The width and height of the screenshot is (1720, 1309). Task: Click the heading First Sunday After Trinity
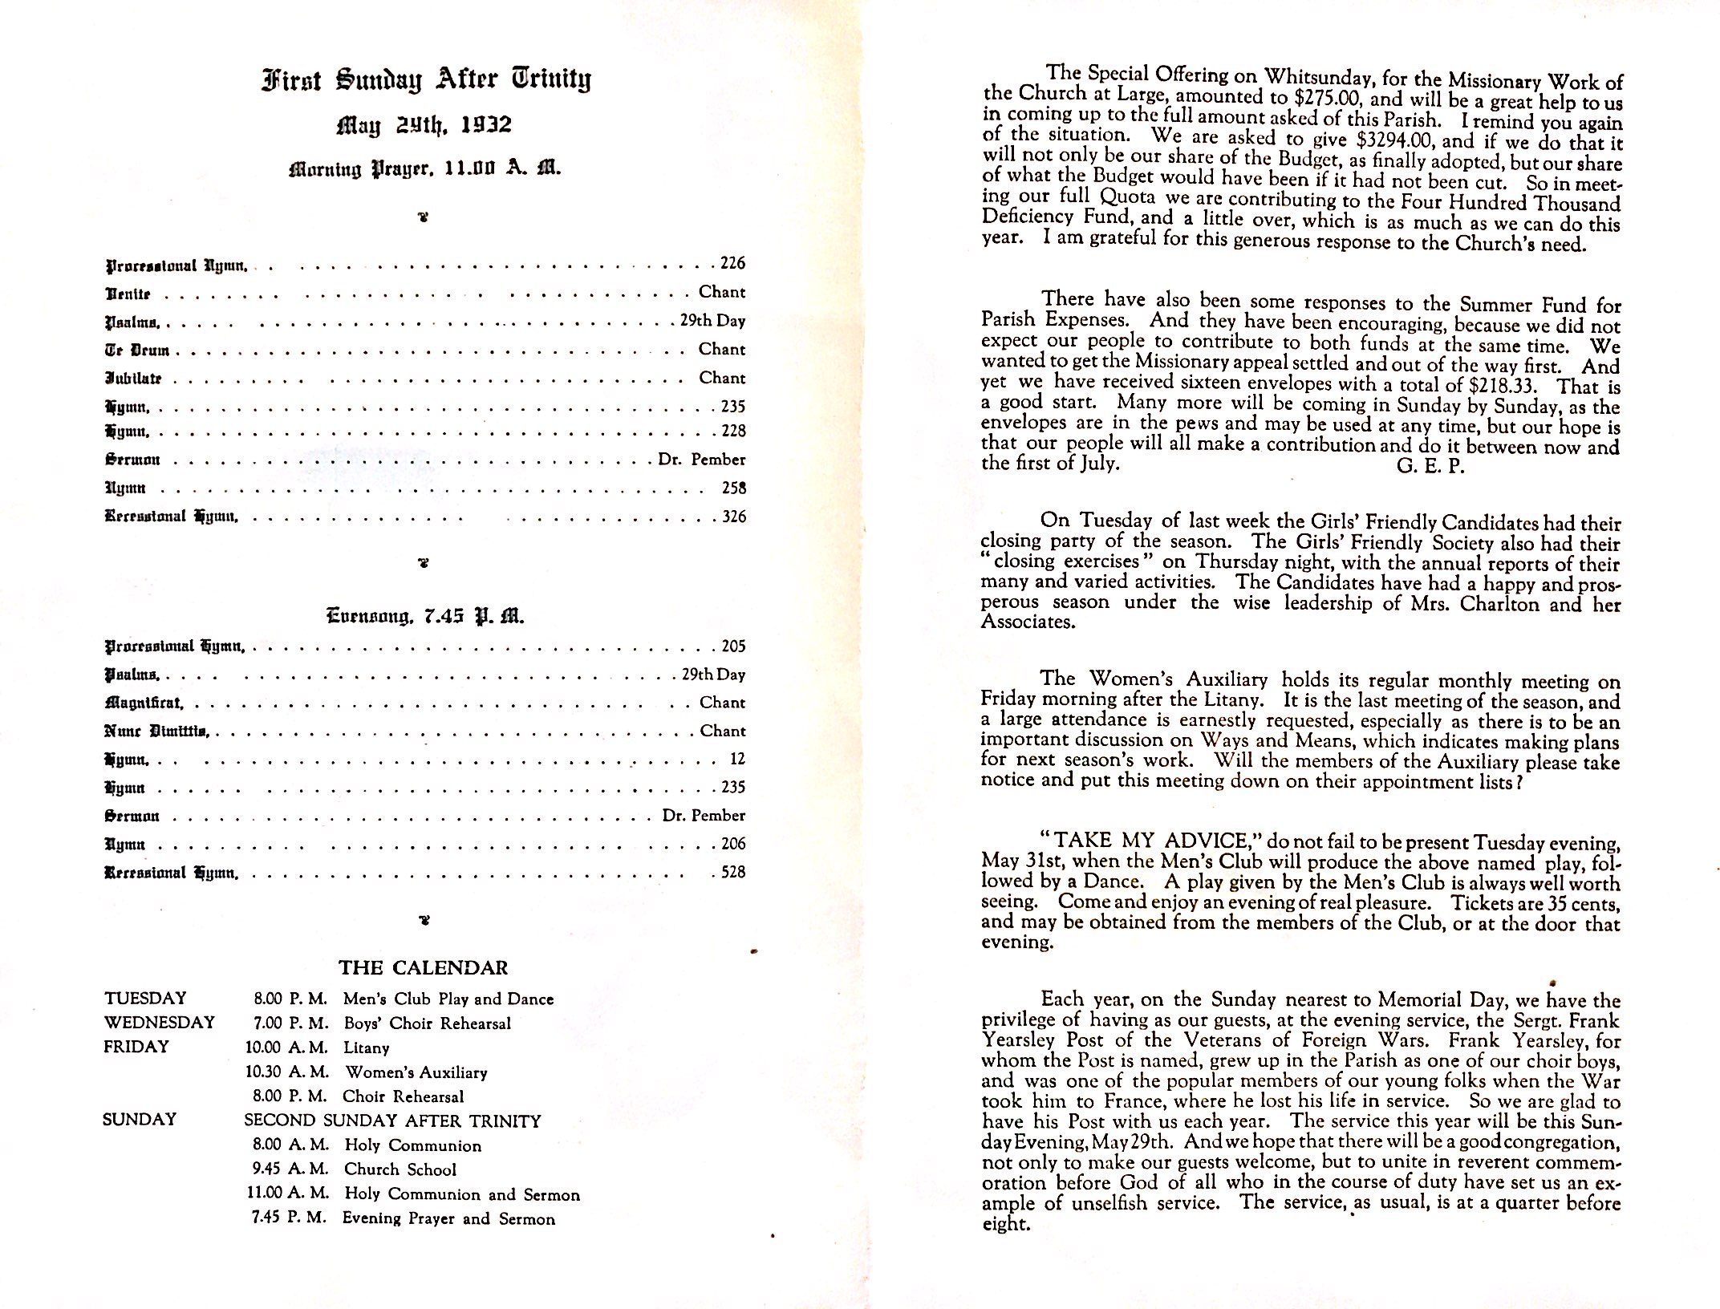point(425,81)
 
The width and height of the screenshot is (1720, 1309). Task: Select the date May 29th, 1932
point(424,125)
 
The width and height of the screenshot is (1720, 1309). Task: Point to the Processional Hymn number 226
point(732,263)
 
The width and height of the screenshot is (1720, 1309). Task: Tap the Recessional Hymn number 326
point(733,517)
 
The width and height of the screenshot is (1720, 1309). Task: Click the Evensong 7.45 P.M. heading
point(425,616)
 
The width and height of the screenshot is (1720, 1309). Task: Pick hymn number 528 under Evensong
point(733,872)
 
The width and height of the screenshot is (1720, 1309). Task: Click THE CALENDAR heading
point(423,967)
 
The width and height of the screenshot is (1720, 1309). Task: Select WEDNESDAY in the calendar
point(159,1023)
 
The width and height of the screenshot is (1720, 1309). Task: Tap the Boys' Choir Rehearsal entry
point(427,1023)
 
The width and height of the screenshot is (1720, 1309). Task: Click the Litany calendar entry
point(366,1048)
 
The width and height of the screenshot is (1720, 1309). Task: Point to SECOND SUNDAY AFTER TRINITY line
point(392,1121)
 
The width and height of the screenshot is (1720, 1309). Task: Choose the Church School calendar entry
point(400,1169)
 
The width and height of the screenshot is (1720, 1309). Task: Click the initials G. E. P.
point(1430,466)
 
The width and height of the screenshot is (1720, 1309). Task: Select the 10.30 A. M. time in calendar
point(287,1072)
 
